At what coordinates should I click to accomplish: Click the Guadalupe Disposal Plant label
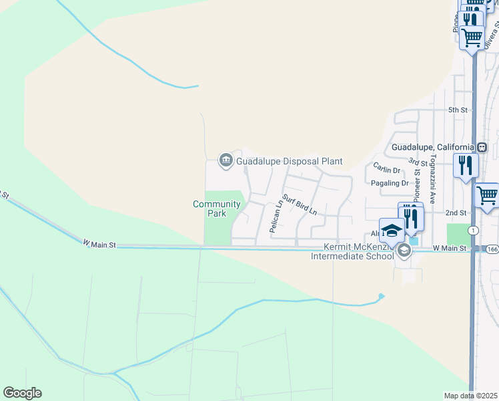(x=289, y=161)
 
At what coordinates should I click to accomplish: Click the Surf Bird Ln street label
(x=299, y=204)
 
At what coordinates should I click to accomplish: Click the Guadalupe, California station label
(x=432, y=147)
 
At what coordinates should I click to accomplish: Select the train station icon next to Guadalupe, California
(x=482, y=147)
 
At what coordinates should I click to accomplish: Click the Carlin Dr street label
(x=386, y=167)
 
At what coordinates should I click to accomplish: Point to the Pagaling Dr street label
(x=391, y=183)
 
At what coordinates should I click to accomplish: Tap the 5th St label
(x=457, y=110)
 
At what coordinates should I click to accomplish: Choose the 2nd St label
(x=456, y=213)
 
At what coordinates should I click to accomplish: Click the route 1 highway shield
(x=473, y=231)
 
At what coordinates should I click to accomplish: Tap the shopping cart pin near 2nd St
(x=488, y=196)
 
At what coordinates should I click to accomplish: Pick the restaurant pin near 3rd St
(x=465, y=164)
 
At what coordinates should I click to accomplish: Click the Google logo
(x=22, y=393)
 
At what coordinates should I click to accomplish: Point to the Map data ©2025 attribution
(x=471, y=396)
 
